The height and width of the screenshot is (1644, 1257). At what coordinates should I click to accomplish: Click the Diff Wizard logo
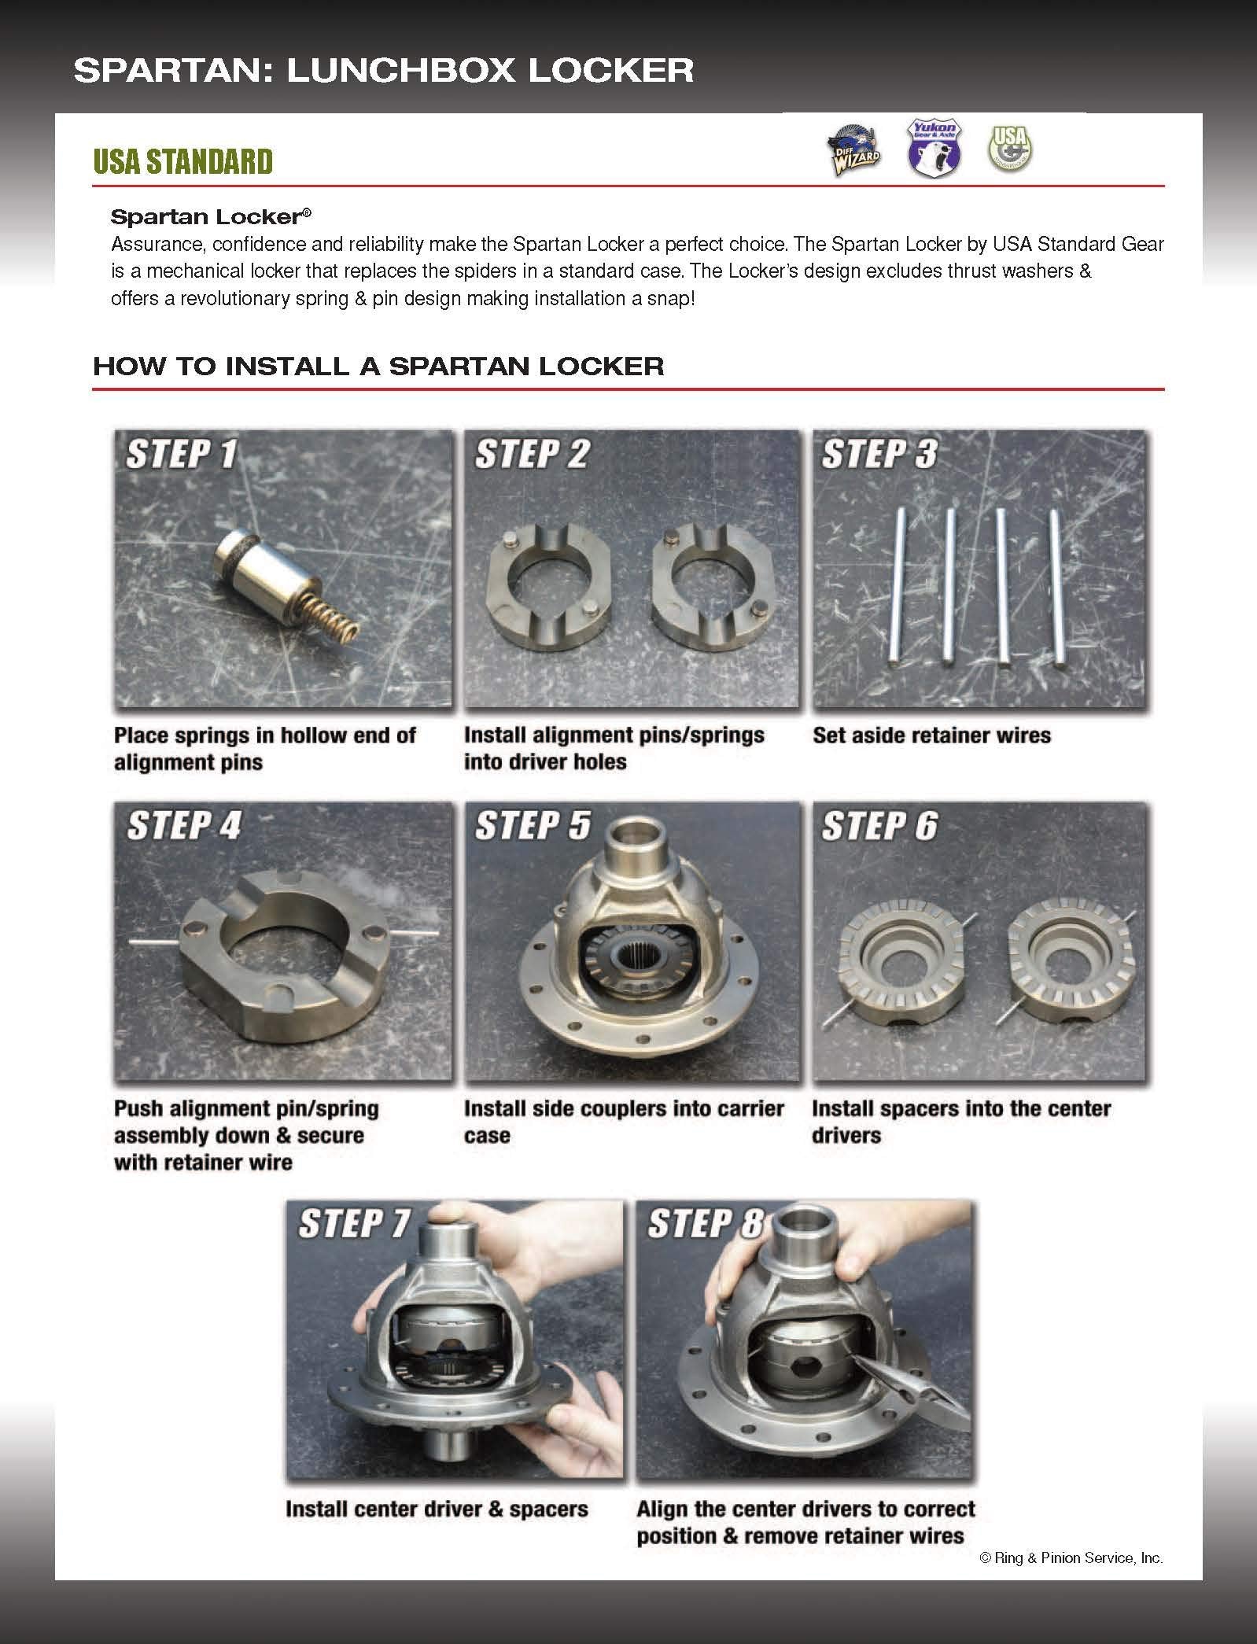(853, 148)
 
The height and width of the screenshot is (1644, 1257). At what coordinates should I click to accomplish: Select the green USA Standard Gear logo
(1011, 148)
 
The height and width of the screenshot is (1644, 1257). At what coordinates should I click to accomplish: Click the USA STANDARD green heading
(182, 161)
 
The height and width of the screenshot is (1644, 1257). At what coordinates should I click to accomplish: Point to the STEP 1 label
(182, 454)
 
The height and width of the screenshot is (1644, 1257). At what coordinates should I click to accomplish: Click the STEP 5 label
(532, 826)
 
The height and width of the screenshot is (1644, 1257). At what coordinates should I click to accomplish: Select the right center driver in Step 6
(1071, 968)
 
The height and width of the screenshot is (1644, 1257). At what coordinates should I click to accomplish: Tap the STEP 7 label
(355, 1223)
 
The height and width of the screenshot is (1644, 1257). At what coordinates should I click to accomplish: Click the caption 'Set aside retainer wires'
(931, 735)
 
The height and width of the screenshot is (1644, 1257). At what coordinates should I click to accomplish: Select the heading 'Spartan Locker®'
(211, 216)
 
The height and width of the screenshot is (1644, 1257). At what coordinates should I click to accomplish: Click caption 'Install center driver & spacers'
(437, 1509)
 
